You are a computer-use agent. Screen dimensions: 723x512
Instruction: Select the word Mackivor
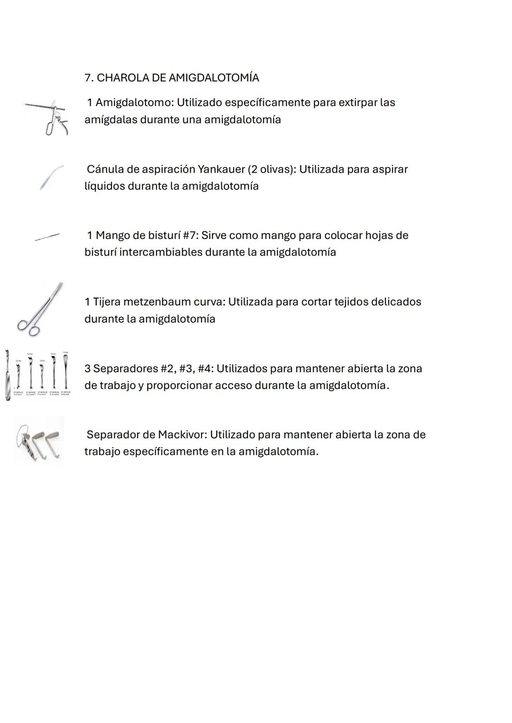click(x=182, y=435)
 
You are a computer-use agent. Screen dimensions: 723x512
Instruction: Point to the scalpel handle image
click(x=47, y=236)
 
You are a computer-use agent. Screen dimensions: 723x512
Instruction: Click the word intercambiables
click(x=161, y=252)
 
